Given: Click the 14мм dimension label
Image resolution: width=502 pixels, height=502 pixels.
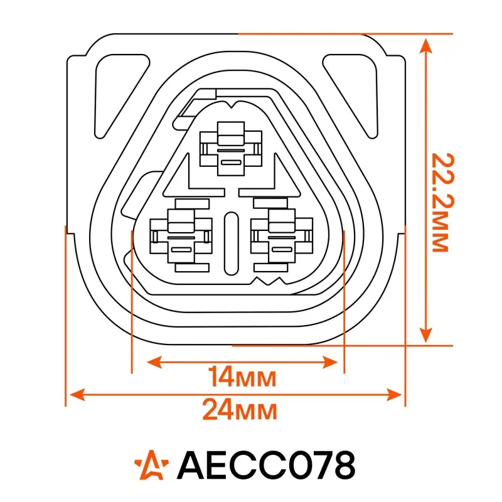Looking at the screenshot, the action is click(242, 377).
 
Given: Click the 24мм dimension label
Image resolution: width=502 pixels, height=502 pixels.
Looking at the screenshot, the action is click(240, 410).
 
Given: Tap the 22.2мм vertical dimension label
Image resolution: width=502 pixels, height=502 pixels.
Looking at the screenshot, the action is click(443, 202).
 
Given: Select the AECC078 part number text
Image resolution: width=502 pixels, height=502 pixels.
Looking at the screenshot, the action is click(266, 464).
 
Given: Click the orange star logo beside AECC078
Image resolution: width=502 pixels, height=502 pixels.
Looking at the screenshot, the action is click(151, 465).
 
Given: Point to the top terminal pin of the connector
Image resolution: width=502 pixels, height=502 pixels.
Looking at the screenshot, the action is click(231, 148).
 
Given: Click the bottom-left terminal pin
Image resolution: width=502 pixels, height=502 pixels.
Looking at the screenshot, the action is click(181, 236).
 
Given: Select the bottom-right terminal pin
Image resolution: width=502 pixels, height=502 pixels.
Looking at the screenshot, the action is click(282, 236).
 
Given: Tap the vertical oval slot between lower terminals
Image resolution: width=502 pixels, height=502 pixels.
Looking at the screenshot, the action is click(231, 243).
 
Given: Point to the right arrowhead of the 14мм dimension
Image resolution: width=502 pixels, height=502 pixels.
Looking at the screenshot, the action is click(331, 362).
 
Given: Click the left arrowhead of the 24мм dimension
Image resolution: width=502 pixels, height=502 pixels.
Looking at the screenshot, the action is click(77, 395).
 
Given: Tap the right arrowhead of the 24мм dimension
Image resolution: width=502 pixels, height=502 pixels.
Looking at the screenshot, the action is click(394, 395).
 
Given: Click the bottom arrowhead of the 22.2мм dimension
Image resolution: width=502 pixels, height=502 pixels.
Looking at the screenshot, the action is click(425, 334).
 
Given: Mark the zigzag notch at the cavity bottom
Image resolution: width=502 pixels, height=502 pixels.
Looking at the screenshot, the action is click(269, 280).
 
